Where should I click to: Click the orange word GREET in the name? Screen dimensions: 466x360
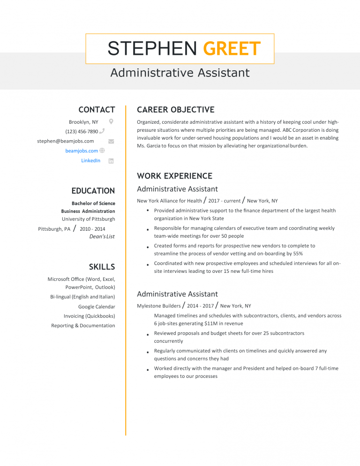[232, 49]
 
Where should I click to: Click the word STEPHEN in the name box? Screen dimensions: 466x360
[152, 49]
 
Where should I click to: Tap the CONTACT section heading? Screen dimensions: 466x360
[97, 110]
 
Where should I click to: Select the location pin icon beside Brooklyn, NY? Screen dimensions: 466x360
[111, 121]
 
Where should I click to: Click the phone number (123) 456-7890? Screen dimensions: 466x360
[82, 132]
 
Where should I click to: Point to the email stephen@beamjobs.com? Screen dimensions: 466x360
[66, 141]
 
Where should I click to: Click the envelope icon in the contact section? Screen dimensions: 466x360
[111, 141]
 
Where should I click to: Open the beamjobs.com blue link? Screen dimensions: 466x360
[82, 151]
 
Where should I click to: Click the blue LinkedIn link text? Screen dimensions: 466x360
[90, 161]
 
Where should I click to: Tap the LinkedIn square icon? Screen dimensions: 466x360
[111, 161]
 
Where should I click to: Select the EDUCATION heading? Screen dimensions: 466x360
[93, 191]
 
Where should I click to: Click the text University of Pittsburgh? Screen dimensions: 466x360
[88, 219]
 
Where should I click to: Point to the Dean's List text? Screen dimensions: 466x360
[102, 236]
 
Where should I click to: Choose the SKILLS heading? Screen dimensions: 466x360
[102, 267]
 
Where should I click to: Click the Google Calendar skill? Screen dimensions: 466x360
[97, 307]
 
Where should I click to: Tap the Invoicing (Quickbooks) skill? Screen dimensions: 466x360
[89, 316]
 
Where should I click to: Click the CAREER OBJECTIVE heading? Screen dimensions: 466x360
[175, 110]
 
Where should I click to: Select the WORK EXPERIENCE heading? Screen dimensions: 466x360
[174, 176]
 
